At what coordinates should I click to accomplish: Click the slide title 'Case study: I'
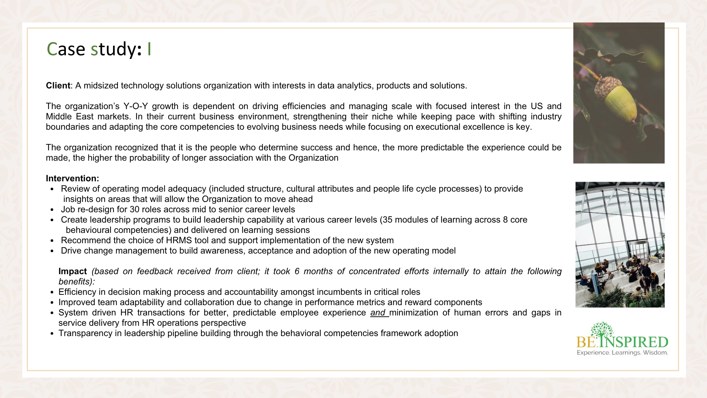[99, 49]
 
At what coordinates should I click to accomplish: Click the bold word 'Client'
[58, 86]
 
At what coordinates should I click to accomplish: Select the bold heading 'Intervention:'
[73, 179]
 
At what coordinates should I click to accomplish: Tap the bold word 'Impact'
[73, 272]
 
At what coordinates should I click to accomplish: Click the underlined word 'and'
[378, 313]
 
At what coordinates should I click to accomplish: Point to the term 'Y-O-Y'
[136, 107]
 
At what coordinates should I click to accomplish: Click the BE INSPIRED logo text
[622, 342]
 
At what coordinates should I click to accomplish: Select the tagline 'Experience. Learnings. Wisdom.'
[622, 353]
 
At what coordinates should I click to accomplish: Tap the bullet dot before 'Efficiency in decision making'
[52, 293]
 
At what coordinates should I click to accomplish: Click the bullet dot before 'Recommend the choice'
[52, 241]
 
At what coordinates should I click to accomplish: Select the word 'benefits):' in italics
[77, 282]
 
